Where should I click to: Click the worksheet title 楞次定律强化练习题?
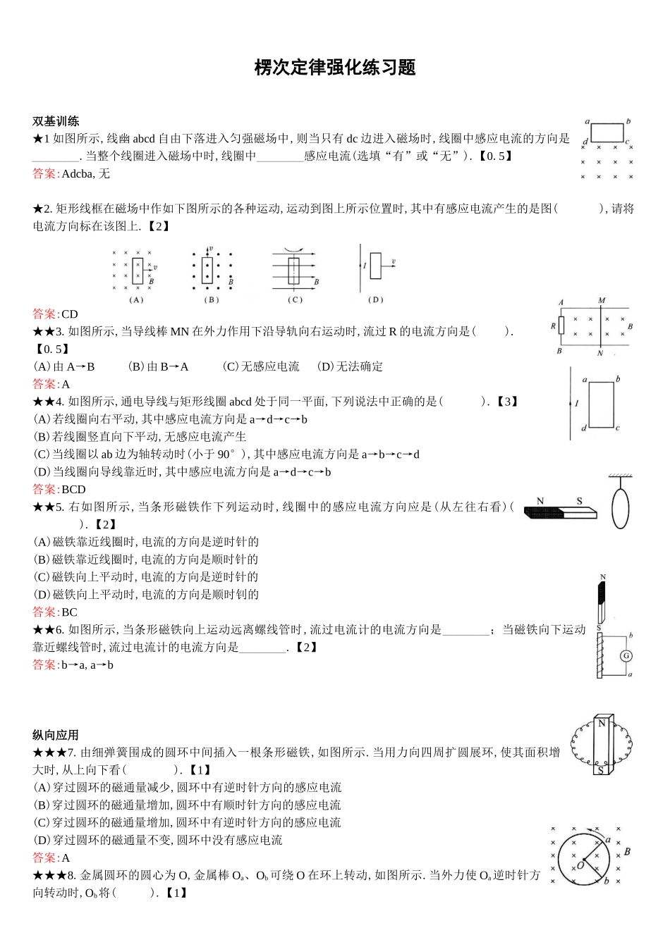tap(335, 68)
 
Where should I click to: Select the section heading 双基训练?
tap(56, 121)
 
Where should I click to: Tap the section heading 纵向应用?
tap(56, 735)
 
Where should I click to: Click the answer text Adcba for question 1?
tap(77, 174)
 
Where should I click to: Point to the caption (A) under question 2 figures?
tap(136, 299)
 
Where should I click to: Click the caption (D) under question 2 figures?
tap(375, 299)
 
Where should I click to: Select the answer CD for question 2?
tap(69, 314)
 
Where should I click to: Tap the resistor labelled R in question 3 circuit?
tap(561, 326)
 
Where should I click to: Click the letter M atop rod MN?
tap(602, 301)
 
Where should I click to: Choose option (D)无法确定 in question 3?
tap(350, 366)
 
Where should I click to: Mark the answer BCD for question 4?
tap(73, 489)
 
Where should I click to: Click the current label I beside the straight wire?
tap(576, 404)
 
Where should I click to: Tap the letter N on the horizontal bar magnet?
tap(540, 502)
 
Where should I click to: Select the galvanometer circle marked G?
tap(626, 656)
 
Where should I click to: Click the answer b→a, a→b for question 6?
tap(87, 665)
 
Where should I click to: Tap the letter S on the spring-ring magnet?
tap(600, 770)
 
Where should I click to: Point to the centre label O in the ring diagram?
tap(580, 865)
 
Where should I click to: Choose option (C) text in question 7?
tap(187, 823)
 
